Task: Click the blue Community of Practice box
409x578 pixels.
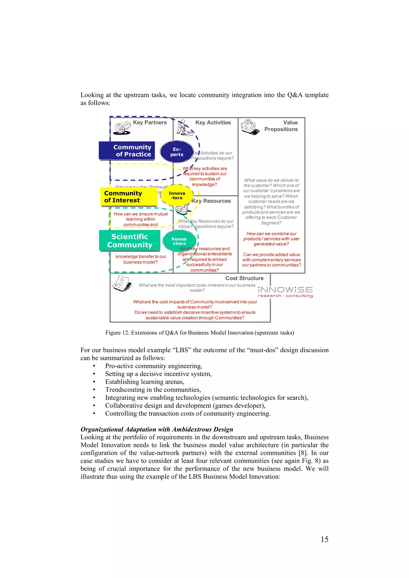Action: click(x=127, y=151)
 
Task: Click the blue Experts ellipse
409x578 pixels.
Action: click(x=177, y=152)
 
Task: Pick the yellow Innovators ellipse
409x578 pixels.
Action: click(x=177, y=195)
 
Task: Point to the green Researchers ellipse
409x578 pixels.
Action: click(x=179, y=241)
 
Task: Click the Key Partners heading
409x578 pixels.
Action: click(x=150, y=123)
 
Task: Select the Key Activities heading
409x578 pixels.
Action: click(x=213, y=123)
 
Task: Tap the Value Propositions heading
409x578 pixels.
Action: click(x=281, y=126)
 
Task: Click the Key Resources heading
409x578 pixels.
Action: click(x=211, y=201)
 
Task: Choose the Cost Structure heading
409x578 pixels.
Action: click(x=244, y=278)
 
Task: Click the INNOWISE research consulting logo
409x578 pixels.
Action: click(x=285, y=292)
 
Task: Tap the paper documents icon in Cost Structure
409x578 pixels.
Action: click(x=122, y=284)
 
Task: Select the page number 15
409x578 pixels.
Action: click(x=324, y=539)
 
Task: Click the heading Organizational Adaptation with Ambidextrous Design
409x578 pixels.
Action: click(x=157, y=429)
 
